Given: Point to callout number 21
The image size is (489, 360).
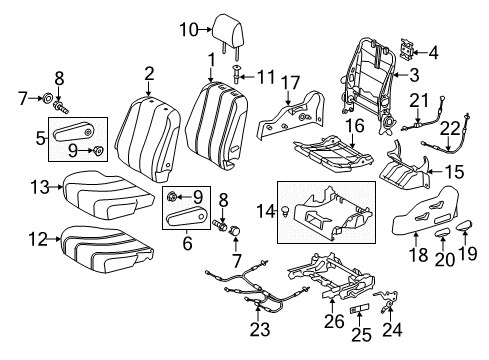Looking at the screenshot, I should point(421,100).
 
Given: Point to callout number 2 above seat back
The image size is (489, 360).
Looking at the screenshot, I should point(148,72).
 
